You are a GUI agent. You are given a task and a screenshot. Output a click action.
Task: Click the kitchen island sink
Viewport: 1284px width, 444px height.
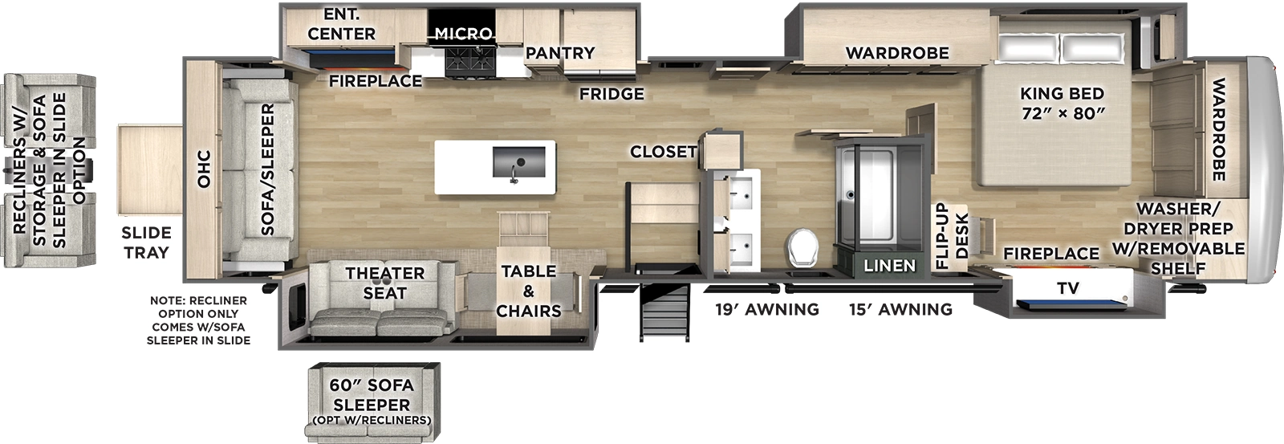point(518,162)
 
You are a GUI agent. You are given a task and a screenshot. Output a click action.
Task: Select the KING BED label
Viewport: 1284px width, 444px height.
point(1063,103)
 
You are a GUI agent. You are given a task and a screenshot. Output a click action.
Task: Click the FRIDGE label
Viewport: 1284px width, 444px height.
point(612,94)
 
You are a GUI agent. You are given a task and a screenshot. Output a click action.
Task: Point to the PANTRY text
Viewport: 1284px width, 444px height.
point(560,53)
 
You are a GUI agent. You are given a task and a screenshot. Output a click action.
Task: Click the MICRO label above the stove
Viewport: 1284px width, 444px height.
point(463,34)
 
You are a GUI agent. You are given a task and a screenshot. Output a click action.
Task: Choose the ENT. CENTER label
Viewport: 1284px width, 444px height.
point(341,24)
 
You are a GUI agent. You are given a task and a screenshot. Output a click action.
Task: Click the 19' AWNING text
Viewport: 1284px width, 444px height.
point(767,309)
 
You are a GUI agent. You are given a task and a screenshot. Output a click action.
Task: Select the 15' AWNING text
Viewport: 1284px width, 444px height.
point(900,309)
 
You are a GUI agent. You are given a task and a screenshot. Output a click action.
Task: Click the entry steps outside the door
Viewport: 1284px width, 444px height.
point(664,313)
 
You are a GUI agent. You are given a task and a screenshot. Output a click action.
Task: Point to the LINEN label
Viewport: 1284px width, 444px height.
point(889,265)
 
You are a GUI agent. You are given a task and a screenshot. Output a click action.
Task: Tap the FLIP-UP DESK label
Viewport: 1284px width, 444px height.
point(952,235)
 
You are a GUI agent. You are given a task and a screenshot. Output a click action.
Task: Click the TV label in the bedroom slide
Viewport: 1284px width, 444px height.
point(1067,288)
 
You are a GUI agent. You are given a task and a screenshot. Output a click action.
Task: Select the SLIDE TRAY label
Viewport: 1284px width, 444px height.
point(146,242)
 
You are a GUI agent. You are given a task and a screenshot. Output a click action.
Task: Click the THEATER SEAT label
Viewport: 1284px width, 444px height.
point(384,283)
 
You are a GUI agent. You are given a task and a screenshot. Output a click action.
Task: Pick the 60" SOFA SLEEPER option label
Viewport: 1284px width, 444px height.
point(372,395)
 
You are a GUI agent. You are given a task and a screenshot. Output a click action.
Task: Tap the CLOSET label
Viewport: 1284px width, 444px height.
point(663,151)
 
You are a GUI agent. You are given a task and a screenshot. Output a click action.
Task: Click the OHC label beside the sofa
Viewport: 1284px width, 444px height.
point(204,169)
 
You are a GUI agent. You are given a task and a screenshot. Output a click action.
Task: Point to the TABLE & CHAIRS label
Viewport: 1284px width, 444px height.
point(528,291)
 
